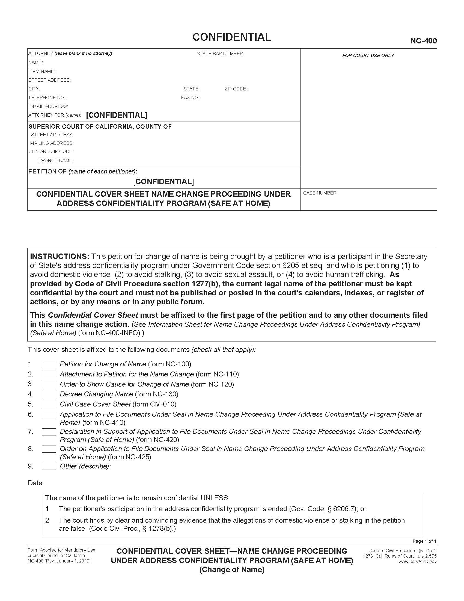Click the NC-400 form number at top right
tap(423, 41)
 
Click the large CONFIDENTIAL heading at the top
tap(232, 37)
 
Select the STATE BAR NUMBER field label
tap(220, 54)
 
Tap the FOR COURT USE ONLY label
tap(368, 55)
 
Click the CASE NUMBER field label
tap(320, 193)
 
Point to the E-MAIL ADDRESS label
tap(48, 106)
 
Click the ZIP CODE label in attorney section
tap(236, 89)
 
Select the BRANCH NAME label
tap(56, 160)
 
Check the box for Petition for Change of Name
tap(49, 364)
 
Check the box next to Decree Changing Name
tap(49, 394)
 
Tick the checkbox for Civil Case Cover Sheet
tap(49, 404)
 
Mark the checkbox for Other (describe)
tap(49, 466)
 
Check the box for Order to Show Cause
tap(49, 384)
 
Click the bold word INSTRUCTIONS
tap(60, 257)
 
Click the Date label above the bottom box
tap(36, 483)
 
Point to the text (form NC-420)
tap(157, 440)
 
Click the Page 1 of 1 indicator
tap(424, 541)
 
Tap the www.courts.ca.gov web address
tap(417, 562)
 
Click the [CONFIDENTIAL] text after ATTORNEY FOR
tap(117, 115)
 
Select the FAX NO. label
tap(191, 98)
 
